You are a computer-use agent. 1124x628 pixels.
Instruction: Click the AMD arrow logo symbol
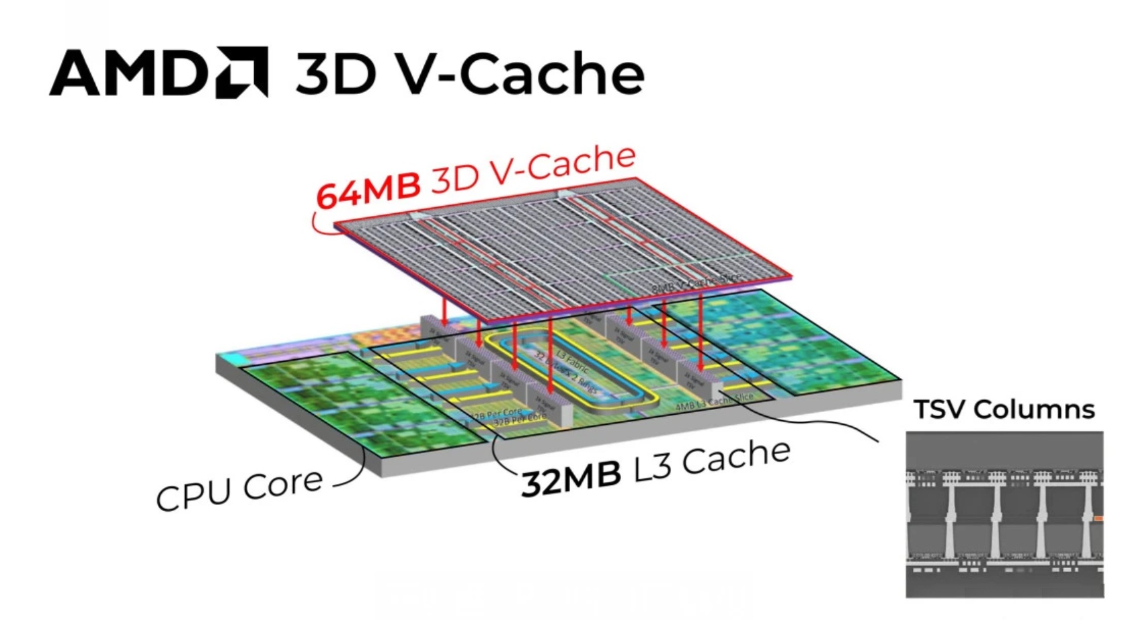point(242,72)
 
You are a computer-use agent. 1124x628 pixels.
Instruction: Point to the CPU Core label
point(239,489)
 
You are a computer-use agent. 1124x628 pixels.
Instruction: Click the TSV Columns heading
point(1004,409)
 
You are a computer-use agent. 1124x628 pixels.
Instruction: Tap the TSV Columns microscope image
point(1004,514)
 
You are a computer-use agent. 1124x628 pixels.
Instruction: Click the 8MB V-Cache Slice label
point(696,283)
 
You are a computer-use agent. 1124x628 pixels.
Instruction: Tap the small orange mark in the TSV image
point(1098,518)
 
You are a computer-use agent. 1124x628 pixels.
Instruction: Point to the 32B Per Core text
point(497,414)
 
